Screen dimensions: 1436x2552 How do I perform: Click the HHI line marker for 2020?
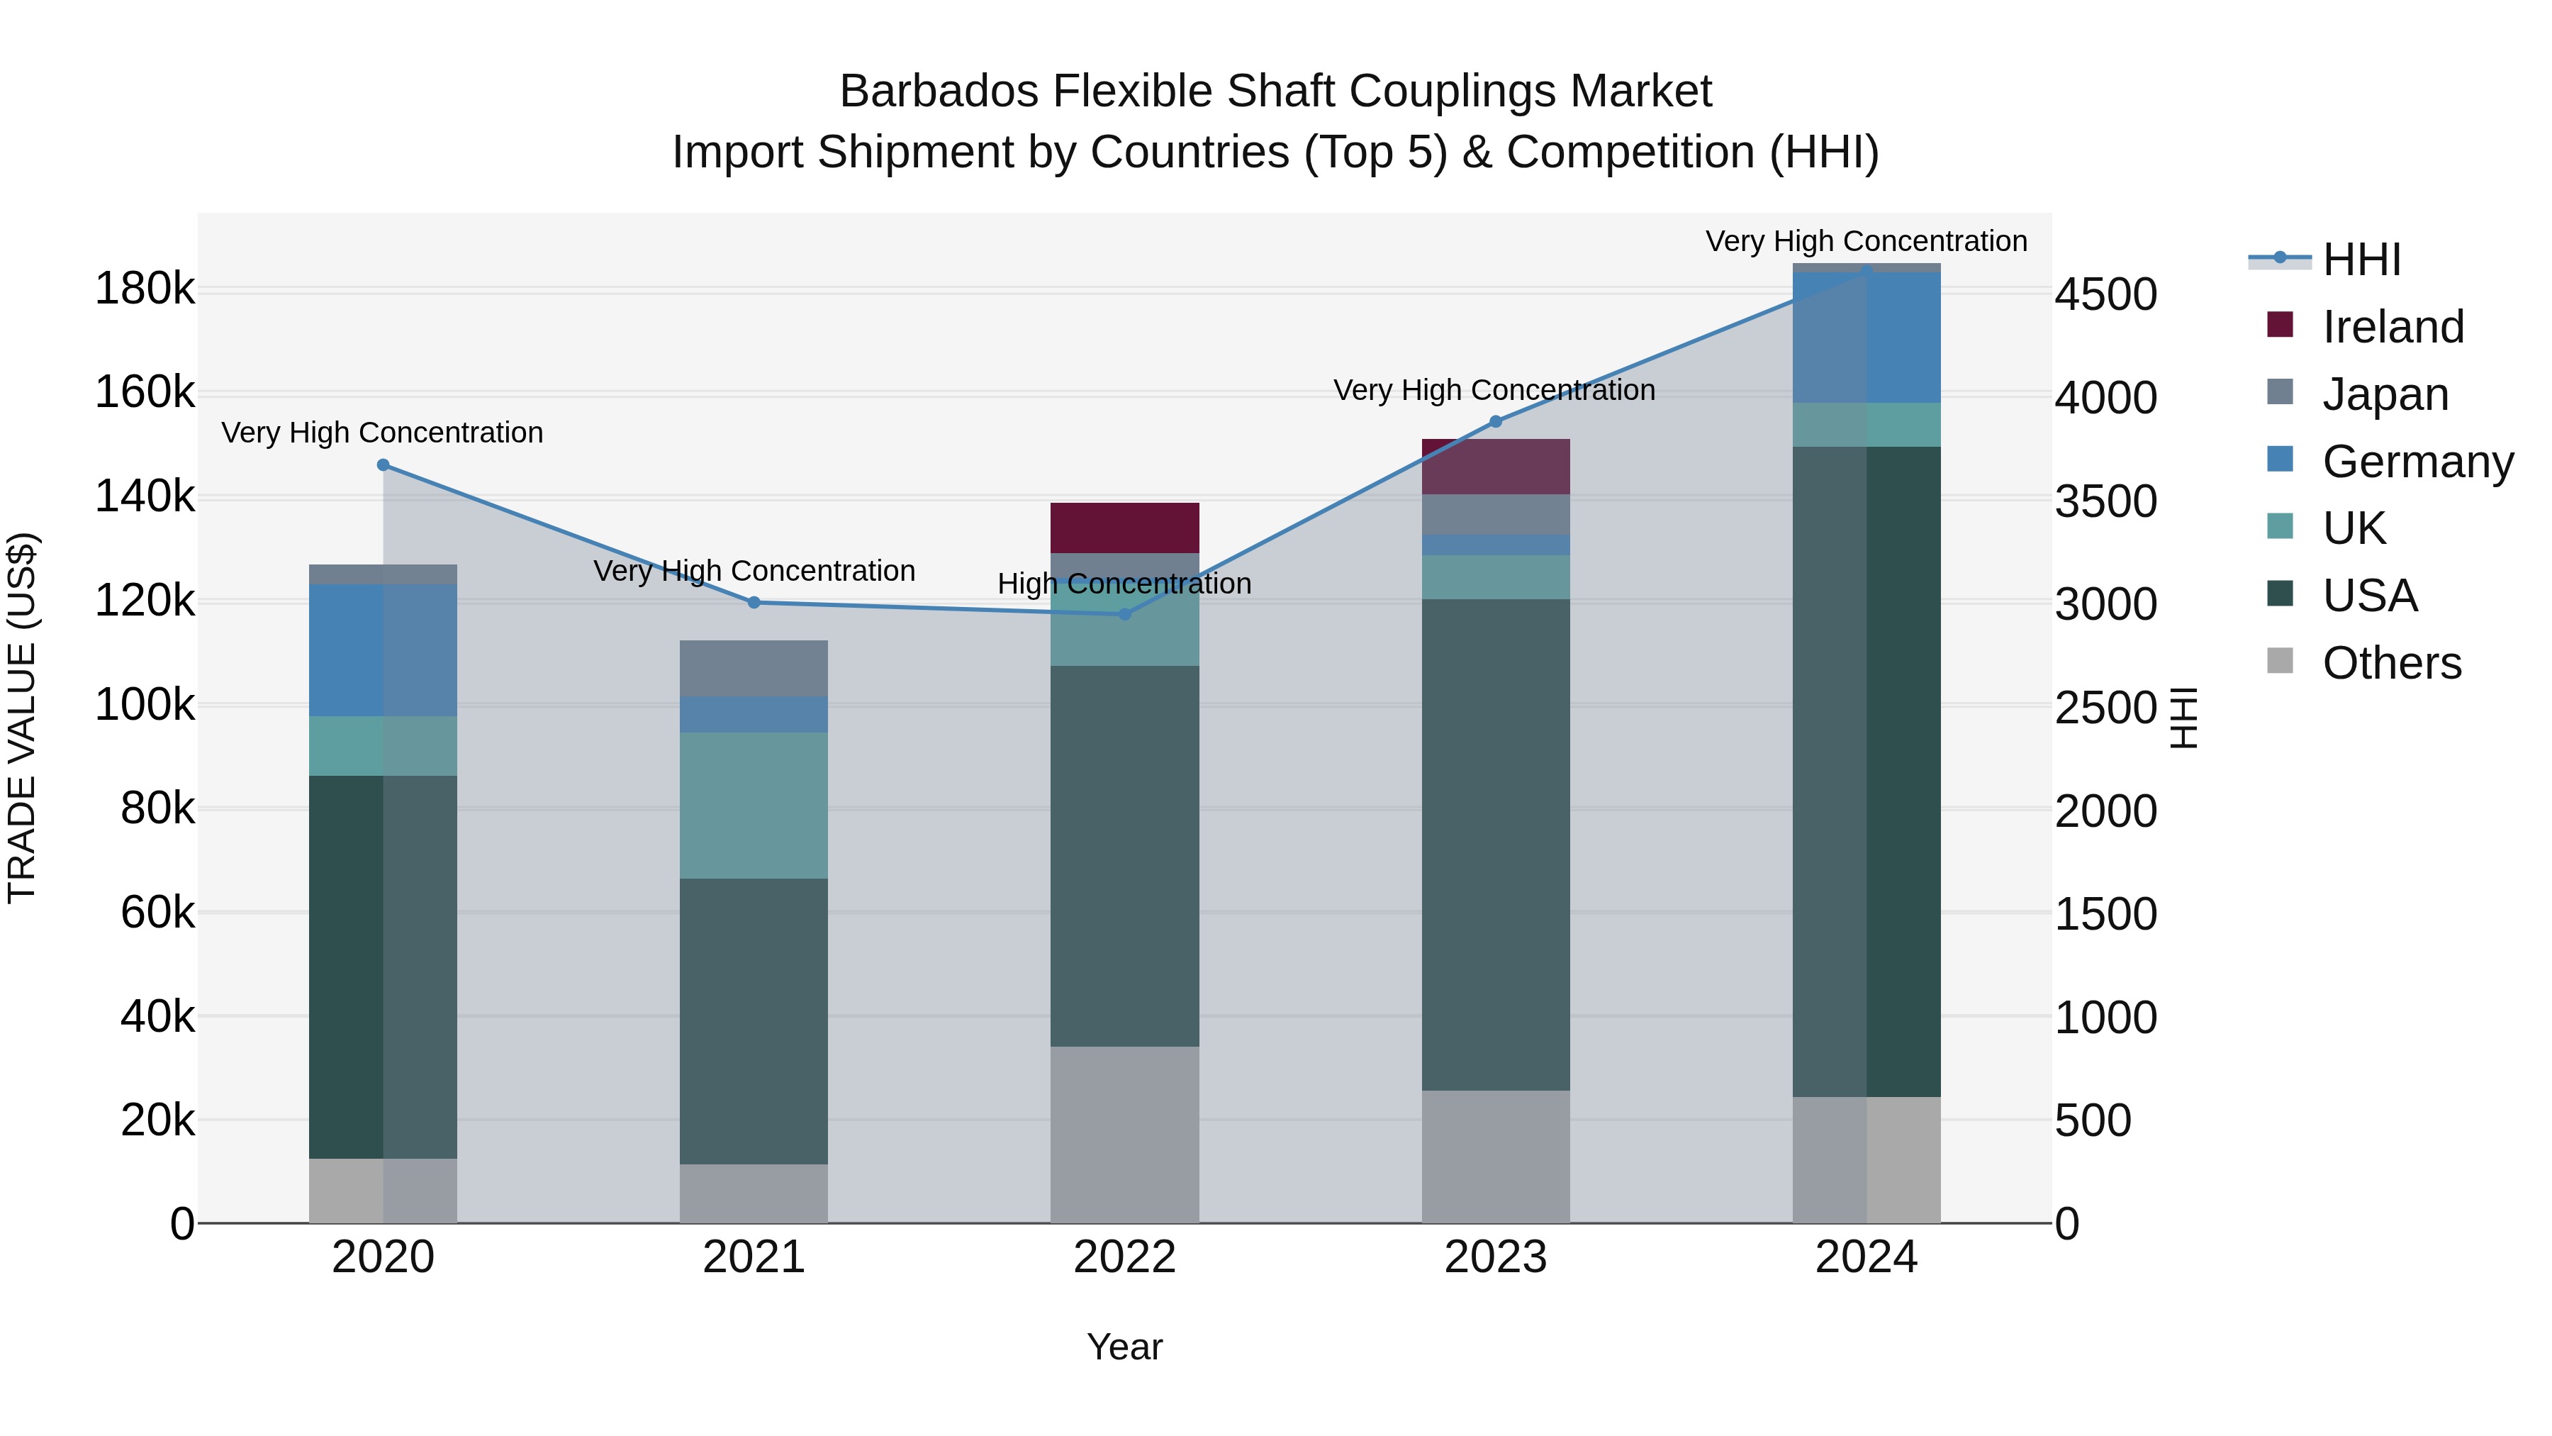(x=384, y=464)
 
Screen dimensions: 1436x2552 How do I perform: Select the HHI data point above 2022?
(x=1124, y=614)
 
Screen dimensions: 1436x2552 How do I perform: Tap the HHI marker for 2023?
(x=1496, y=422)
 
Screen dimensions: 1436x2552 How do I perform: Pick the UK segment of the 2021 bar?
(x=754, y=806)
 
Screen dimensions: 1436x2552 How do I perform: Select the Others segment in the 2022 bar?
(x=1124, y=1135)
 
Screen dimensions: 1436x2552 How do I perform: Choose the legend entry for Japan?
(x=2385, y=394)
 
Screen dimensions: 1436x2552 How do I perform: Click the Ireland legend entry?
(x=2392, y=327)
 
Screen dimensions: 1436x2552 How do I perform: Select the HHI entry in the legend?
(x=2361, y=260)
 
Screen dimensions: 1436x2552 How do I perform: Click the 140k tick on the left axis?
(x=145, y=496)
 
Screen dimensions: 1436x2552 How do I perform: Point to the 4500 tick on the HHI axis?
(x=2105, y=294)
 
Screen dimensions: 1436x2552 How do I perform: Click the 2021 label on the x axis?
(x=754, y=1257)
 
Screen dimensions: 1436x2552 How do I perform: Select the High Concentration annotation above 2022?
(x=1124, y=584)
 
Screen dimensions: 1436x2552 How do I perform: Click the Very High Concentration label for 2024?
(x=1867, y=241)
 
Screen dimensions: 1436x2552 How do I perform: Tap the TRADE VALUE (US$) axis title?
(x=22, y=718)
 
